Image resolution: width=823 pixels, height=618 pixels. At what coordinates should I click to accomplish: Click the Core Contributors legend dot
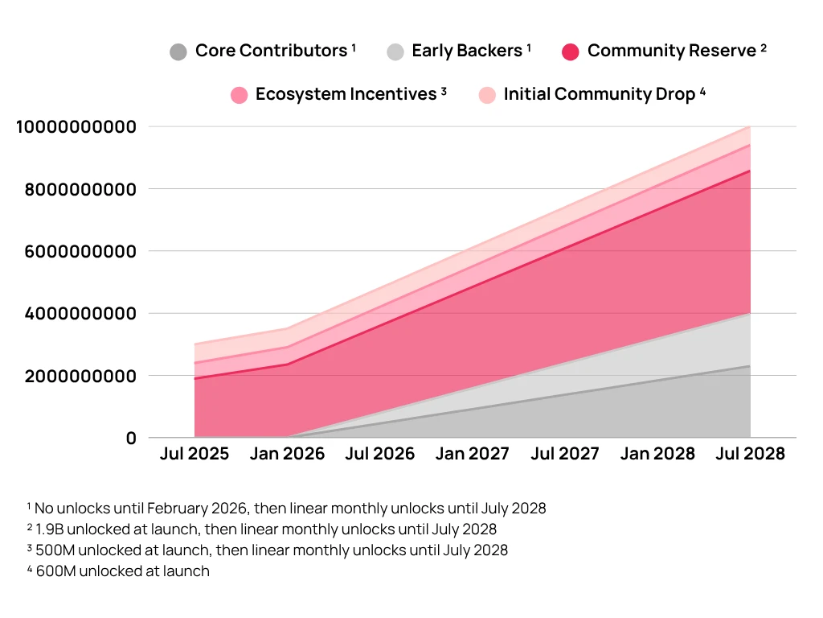[x=178, y=52]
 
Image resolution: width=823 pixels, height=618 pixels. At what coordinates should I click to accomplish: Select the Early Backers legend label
[x=467, y=51]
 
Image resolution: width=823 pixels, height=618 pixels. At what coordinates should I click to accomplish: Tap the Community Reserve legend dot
[x=571, y=52]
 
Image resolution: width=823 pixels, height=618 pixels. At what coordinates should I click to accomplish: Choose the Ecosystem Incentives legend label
[x=346, y=94]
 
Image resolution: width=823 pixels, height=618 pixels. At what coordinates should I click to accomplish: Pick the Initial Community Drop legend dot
[x=487, y=95]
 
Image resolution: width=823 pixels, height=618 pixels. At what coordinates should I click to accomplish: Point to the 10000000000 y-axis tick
[x=76, y=126]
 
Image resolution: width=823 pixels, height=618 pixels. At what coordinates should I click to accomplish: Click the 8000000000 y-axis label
[x=76, y=189]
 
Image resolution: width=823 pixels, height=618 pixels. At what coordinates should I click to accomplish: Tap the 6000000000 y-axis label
[x=76, y=251]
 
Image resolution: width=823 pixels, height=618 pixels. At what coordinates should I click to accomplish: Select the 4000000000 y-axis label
[x=76, y=313]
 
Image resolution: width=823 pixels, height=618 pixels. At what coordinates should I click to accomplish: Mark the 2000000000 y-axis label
[x=76, y=376]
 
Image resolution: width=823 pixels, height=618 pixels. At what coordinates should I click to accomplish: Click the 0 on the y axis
[x=131, y=438]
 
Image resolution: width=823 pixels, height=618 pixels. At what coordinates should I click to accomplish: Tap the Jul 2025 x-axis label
[x=194, y=454]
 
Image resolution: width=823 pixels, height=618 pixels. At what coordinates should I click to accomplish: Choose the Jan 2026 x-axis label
[x=287, y=454]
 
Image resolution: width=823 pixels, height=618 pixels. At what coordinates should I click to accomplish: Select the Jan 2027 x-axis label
[x=472, y=454]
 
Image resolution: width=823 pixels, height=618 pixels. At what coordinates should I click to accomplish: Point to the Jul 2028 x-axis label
[x=750, y=454]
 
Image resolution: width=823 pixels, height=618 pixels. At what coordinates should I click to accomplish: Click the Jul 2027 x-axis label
[x=565, y=454]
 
